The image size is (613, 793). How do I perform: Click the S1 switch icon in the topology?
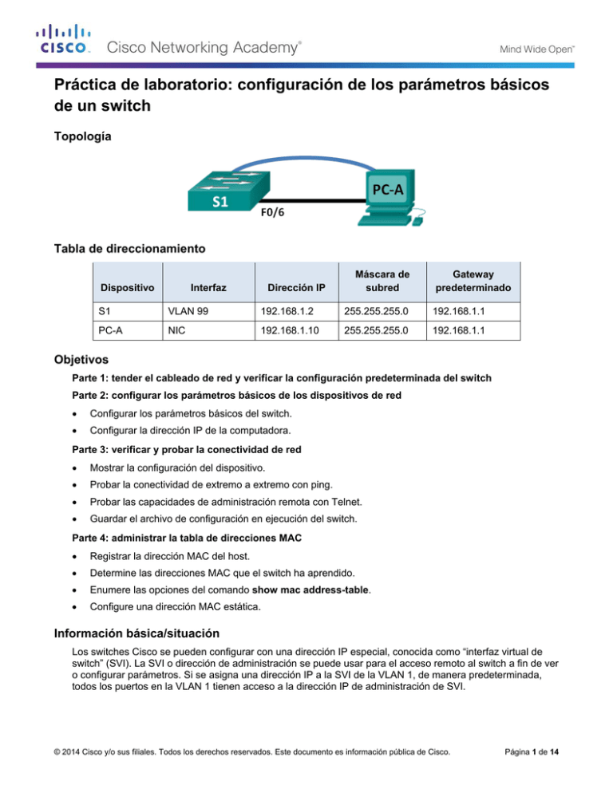click(x=219, y=188)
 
